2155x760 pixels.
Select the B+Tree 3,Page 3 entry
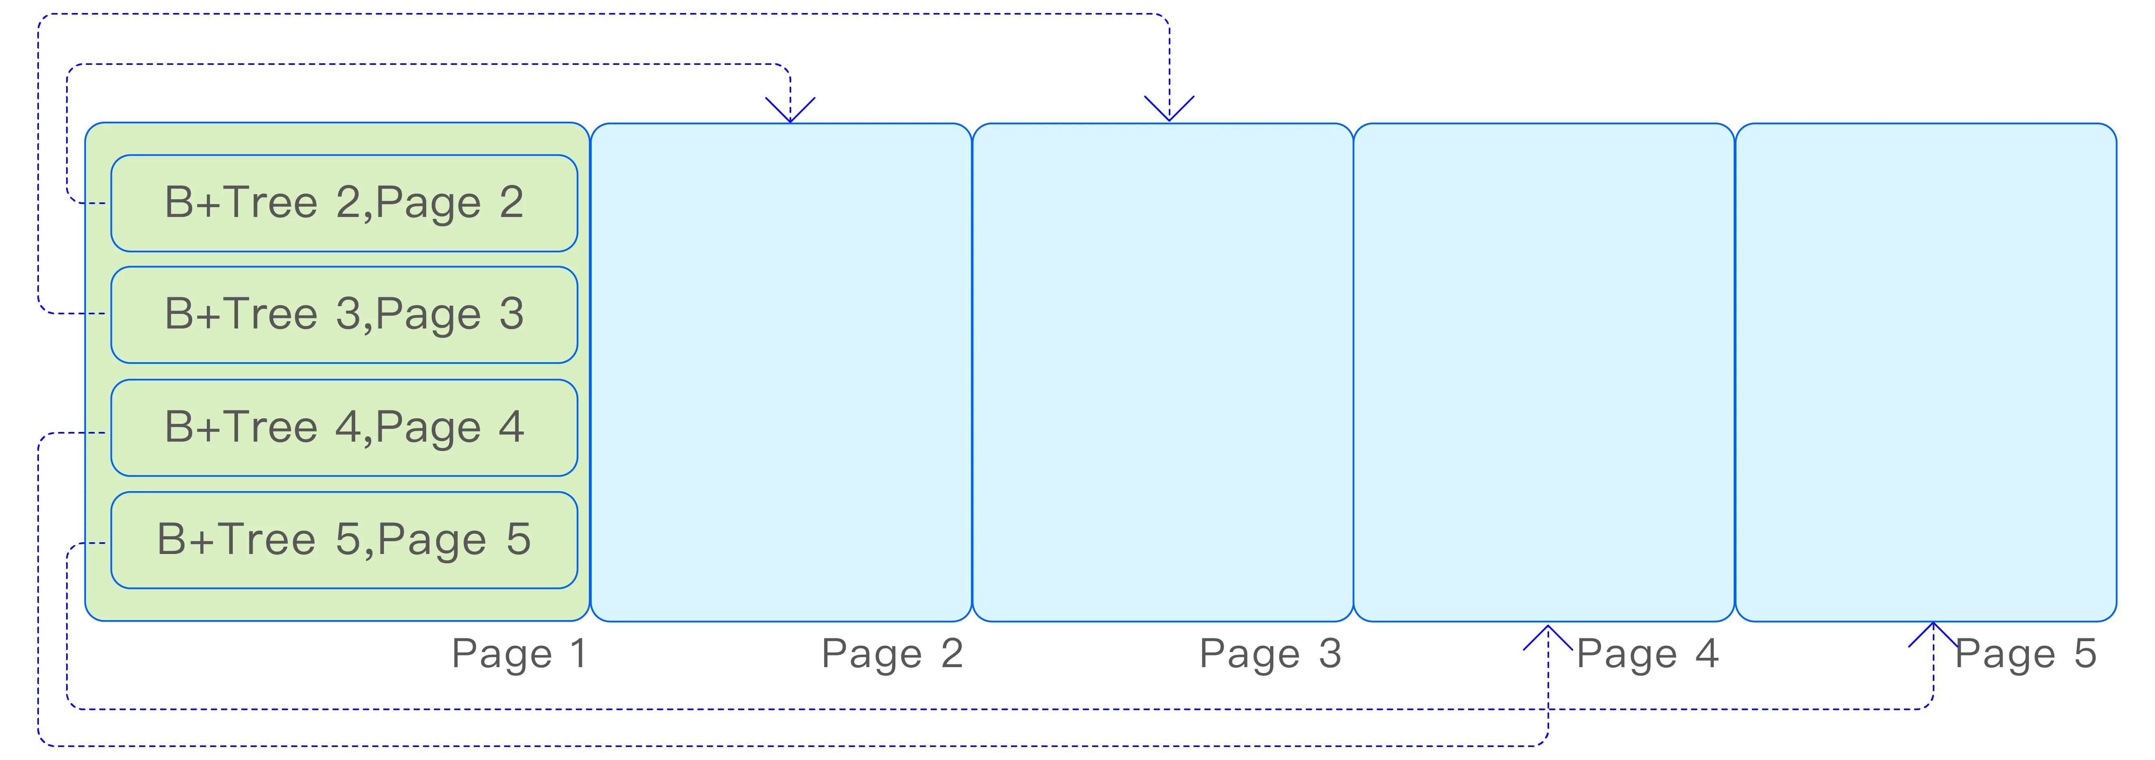[344, 315]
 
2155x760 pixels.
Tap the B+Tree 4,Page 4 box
[344, 428]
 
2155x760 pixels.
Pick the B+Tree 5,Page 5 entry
[344, 540]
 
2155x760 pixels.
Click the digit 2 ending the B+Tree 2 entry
[511, 202]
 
